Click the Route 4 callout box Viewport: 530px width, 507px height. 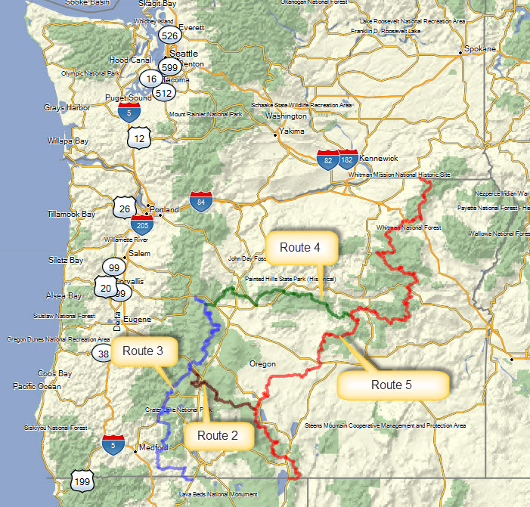pyautogui.click(x=300, y=247)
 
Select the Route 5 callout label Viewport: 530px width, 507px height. pyautogui.click(x=392, y=385)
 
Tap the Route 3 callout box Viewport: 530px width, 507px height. pyautogui.click(x=143, y=351)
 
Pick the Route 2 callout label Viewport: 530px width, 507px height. pyautogui.click(x=218, y=435)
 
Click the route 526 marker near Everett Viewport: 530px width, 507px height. pyautogui.click(x=169, y=36)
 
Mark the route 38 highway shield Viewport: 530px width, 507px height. pyautogui.click(x=103, y=353)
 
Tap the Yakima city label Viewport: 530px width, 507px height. pyautogui.click(x=292, y=131)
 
